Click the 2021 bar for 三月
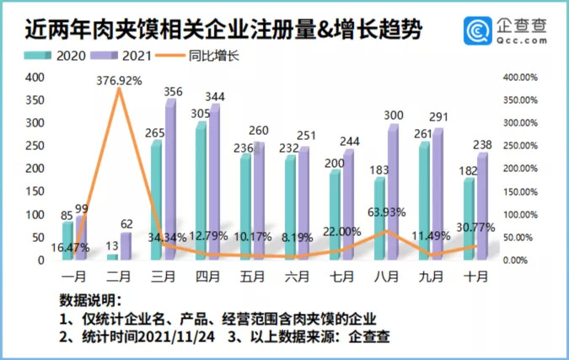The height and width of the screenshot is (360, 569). tap(169, 180)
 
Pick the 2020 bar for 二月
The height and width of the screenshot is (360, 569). tap(112, 256)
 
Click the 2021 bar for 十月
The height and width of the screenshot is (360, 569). tap(482, 207)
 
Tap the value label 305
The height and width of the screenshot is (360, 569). tap(197, 113)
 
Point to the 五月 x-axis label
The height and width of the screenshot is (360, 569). tap(248, 276)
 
